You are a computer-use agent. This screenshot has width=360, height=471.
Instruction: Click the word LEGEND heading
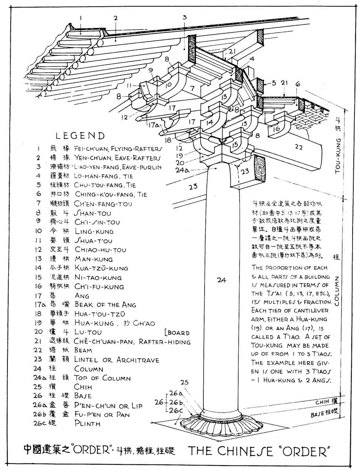tap(80, 136)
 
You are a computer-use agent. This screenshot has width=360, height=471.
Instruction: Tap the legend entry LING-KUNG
tap(94, 232)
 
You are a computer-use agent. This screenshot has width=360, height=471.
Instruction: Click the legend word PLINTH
tap(87, 424)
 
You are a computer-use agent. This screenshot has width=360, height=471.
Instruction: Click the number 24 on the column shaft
tap(221, 280)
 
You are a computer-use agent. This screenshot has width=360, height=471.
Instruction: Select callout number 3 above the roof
tap(184, 17)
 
